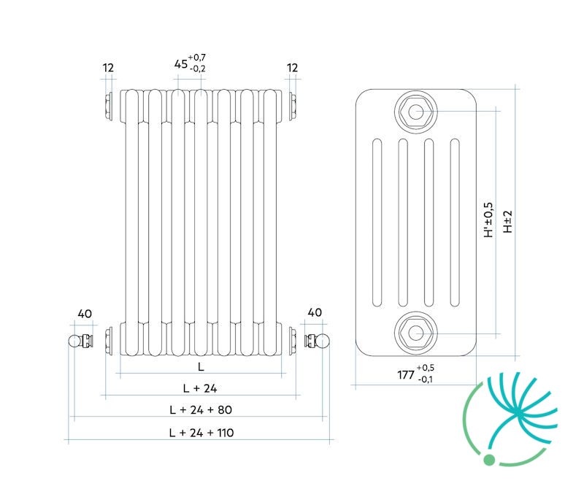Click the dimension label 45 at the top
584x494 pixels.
point(180,64)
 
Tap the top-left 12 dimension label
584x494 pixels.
point(108,68)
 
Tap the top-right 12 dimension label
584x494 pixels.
point(293,68)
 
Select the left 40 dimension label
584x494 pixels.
point(85,314)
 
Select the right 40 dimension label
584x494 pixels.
point(315,312)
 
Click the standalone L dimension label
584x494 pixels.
point(201,367)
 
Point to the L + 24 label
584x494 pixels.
point(200,388)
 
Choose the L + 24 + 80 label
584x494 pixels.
point(201,410)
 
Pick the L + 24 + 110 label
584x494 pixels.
point(201,433)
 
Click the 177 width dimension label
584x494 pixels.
point(406,374)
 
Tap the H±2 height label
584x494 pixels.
point(507,222)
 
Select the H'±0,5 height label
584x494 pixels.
point(488,220)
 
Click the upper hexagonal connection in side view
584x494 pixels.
point(416,112)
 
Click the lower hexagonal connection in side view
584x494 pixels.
point(416,333)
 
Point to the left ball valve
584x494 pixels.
point(80,341)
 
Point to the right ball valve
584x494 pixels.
point(317,341)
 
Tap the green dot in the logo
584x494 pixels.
point(489,460)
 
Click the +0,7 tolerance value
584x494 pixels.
point(196,58)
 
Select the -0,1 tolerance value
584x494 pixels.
point(426,379)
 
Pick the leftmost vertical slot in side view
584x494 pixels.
point(377,223)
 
